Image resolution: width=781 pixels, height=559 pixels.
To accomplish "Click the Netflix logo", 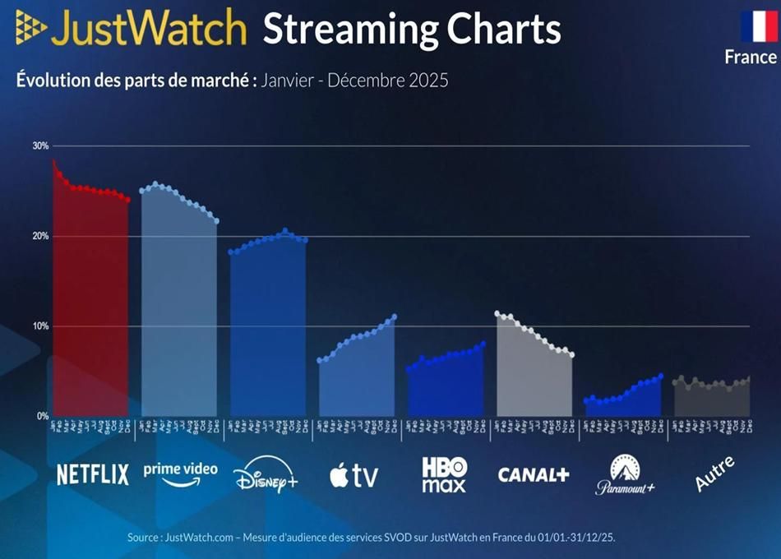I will (x=93, y=474).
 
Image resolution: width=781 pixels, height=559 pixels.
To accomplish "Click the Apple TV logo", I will (x=354, y=475).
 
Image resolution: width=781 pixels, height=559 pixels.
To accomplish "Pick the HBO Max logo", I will (x=444, y=474).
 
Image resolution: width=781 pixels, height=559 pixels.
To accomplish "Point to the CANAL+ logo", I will (x=534, y=474).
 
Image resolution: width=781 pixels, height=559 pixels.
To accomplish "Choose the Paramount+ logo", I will (x=625, y=475).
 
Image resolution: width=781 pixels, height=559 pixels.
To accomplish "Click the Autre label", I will (x=714, y=474).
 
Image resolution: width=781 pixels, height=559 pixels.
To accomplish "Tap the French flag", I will (x=759, y=26).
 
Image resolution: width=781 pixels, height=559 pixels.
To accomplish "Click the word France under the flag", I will (x=750, y=57).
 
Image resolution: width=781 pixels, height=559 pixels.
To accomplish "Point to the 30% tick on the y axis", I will (x=40, y=146).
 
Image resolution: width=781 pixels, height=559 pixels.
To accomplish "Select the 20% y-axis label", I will (x=40, y=236).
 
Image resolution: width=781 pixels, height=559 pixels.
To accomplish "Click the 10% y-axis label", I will (x=40, y=326).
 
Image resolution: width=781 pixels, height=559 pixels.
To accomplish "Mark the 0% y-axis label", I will (x=43, y=416).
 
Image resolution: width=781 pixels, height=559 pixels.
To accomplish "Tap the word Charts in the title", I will (x=502, y=29).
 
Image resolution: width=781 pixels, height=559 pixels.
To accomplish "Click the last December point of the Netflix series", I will (x=127, y=199).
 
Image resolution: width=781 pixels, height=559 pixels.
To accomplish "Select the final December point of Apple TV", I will (x=395, y=316).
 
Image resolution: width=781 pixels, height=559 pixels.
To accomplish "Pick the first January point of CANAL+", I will (x=497, y=313).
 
